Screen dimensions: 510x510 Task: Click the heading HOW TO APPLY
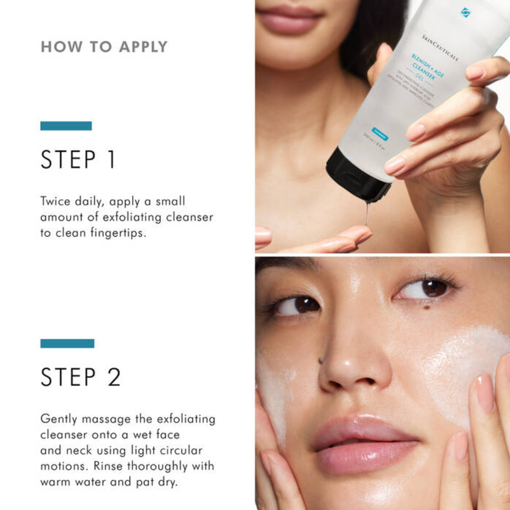(x=104, y=47)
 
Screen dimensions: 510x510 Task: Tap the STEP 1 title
(x=78, y=160)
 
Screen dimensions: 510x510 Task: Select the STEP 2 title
(x=80, y=377)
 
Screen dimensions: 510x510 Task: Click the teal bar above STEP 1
(x=66, y=126)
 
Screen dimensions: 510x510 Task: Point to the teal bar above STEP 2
(x=67, y=343)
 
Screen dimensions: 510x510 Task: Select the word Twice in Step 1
(x=55, y=201)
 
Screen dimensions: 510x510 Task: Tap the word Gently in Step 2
(x=59, y=419)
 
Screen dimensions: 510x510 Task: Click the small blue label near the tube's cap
(x=380, y=134)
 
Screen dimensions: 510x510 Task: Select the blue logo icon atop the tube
(x=466, y=12)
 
